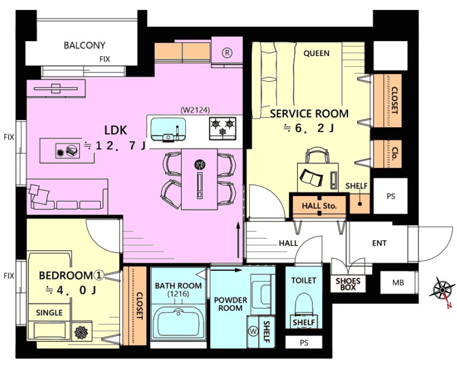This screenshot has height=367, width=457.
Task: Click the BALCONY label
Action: click(x=84, y=45)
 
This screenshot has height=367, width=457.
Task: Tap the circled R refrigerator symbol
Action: click(x=227, y=53)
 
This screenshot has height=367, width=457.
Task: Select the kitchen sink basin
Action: click(x=168, y=130)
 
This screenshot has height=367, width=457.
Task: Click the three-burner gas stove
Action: click(x=223, y=127)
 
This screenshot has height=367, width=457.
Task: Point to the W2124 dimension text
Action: click(x=195, y=110)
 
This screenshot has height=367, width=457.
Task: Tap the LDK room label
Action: click(x=116, y=130)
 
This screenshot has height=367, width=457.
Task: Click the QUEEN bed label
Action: click(x=317, y=53)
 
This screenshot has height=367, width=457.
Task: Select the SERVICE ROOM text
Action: click(x=309, y=113)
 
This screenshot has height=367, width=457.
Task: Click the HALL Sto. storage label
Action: click(x=319, y=206)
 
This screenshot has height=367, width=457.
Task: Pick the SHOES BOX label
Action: click(x=348, y=284)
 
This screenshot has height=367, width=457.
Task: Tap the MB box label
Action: click(x=398, y=283)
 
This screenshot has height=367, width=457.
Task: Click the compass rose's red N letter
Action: click(x=449, y=305)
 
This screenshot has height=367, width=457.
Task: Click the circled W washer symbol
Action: click(x=253, y=331)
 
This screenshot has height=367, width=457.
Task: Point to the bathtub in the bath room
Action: click(x=178, y=322)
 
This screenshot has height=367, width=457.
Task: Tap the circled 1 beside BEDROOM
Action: click(x=99, y=275)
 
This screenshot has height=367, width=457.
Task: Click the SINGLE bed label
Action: click(x=49, y=313)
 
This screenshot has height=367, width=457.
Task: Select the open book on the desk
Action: click(x=311, y=177)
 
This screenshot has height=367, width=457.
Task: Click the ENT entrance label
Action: click(x=379, y=243)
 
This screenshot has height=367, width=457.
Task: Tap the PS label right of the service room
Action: click(x=391, y=197)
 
